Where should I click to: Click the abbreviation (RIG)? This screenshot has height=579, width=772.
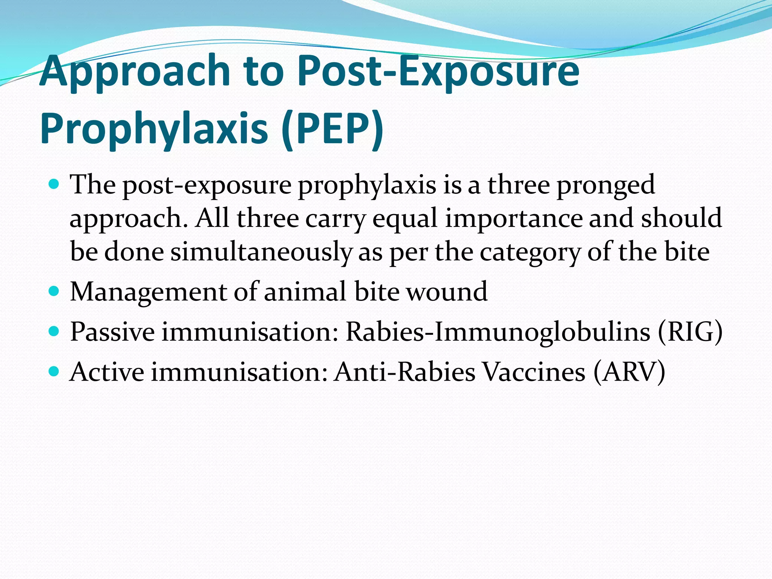coord(690,332)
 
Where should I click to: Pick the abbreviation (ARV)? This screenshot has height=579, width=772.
coord(629,372)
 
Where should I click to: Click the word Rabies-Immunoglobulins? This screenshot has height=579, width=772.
coord(498,332)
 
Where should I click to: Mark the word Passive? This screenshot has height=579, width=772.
coord(112,332)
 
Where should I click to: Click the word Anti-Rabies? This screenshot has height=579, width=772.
coord(405,372)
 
